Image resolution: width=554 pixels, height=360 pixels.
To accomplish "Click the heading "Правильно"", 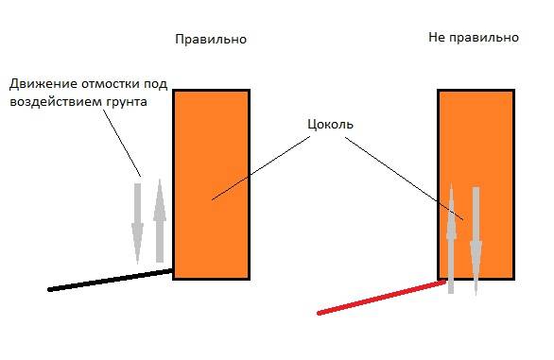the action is (211, 39).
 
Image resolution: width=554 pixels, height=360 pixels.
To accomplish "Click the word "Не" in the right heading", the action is (437, 37).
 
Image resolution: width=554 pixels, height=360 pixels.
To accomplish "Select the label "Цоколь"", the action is (330, 125).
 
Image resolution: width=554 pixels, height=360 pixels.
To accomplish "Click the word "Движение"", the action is (43, 84).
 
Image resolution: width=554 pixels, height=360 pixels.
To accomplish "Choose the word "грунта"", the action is (126, 102).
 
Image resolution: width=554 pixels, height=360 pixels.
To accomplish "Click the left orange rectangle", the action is (211, 184).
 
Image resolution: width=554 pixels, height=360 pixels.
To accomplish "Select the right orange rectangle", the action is (476, 184).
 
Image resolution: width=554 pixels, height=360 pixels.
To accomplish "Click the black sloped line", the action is (111, 280).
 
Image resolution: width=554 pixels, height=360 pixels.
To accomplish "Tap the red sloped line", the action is (381, 297).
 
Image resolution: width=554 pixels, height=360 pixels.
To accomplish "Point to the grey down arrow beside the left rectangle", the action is (137, 223).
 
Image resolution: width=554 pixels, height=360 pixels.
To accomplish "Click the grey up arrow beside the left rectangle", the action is (160, 221).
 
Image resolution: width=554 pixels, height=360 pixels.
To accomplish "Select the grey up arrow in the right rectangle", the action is (451, 238).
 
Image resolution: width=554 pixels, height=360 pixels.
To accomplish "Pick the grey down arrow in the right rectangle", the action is (476, 241).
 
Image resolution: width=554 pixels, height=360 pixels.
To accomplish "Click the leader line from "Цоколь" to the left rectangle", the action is (261, 168).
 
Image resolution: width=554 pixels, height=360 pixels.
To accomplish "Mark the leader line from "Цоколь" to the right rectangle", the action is (405, 179).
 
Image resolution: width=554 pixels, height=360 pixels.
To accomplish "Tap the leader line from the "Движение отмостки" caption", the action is (122, 143).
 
